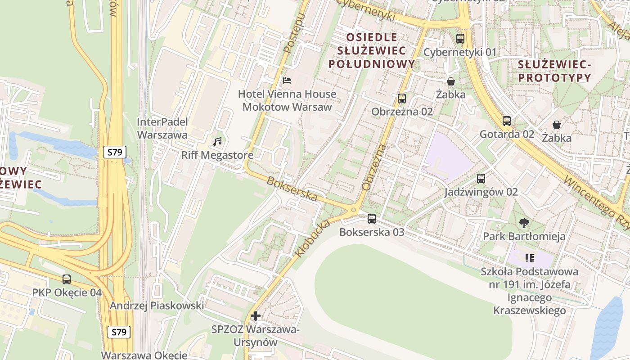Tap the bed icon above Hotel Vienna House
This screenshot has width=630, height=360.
tap(287, 81)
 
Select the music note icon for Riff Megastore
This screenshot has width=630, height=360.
tap(218, 142)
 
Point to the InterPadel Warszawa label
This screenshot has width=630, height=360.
tap(162, 128)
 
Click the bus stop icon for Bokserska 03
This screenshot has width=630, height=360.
tap(372, 219)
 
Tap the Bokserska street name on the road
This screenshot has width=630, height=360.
tap(292, 189)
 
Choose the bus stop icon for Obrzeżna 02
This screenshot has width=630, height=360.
tap(402, 98)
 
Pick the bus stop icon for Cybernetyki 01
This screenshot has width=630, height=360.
tap(460, 39)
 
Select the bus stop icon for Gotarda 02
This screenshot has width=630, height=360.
tap(507, 121)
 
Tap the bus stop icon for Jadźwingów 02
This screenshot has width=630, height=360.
tap(481, 179)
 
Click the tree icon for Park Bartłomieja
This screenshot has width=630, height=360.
tap(524, 222)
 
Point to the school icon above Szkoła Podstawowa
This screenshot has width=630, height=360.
tap(529, 258)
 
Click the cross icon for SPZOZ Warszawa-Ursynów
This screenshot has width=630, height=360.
tap(256, 316)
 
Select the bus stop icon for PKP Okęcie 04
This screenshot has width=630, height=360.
tap(67, 279)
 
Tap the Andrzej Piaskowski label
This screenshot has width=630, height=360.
tap(157, 306)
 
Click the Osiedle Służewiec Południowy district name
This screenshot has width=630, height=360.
tap(371, 50)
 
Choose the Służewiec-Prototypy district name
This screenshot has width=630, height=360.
tap(554, 71)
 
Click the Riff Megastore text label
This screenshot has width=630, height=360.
tap(217, 156)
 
